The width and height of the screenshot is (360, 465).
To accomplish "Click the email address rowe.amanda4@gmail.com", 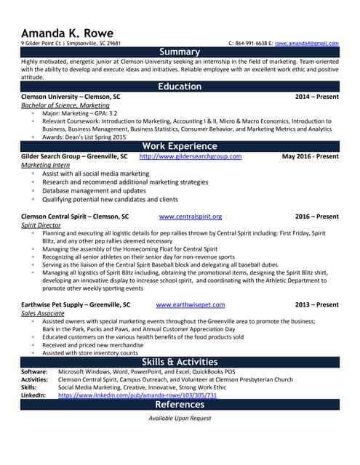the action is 306,44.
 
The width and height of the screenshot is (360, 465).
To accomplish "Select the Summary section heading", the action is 180,52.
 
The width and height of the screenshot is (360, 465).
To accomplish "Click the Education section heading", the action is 180,86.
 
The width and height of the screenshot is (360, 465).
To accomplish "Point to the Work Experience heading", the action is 180,145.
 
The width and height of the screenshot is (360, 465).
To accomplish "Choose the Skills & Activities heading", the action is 180,362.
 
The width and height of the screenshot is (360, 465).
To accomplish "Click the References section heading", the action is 180,405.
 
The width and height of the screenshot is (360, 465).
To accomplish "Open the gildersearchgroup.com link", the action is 190,156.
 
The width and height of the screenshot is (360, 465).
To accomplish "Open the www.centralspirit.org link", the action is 190,217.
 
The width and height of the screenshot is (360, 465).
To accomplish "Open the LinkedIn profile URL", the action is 137,396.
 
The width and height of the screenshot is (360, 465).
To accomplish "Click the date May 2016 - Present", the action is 310,156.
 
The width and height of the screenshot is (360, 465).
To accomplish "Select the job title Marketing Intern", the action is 45,166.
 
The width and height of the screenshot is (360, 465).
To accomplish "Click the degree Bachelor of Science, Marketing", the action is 65,105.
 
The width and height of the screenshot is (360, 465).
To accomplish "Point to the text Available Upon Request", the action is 180,418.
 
